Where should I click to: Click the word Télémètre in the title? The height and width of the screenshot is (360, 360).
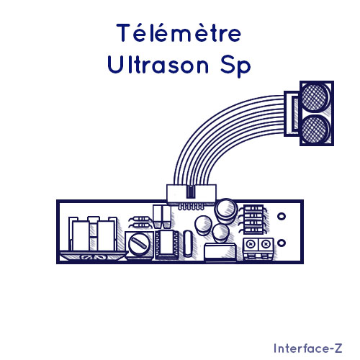point(179,33)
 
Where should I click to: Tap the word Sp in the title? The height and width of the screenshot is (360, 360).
point(235,66)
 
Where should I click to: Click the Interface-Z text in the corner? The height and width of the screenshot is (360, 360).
point(308,348)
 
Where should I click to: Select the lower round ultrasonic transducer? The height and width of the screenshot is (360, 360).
point(315,129)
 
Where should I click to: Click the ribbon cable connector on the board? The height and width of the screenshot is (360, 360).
point(192,194)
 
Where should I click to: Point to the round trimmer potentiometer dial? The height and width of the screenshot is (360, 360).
point(139,244)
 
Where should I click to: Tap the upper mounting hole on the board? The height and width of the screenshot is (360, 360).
point(282,217)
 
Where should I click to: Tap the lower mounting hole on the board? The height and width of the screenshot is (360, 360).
point(282,243)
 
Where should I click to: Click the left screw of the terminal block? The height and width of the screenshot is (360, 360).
point(251,245)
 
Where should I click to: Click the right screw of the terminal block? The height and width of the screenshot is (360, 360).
point(266,245)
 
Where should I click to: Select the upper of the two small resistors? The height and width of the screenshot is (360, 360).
point(140,219)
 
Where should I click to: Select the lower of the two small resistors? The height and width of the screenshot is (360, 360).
point(140,225)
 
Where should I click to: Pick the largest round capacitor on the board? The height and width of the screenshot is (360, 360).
point(225,208)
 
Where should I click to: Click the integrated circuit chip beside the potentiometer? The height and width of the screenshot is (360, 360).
point(167,244)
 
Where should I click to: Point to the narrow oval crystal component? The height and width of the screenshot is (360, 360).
point(187,243)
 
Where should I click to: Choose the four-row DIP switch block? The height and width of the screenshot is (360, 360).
point(253,220)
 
